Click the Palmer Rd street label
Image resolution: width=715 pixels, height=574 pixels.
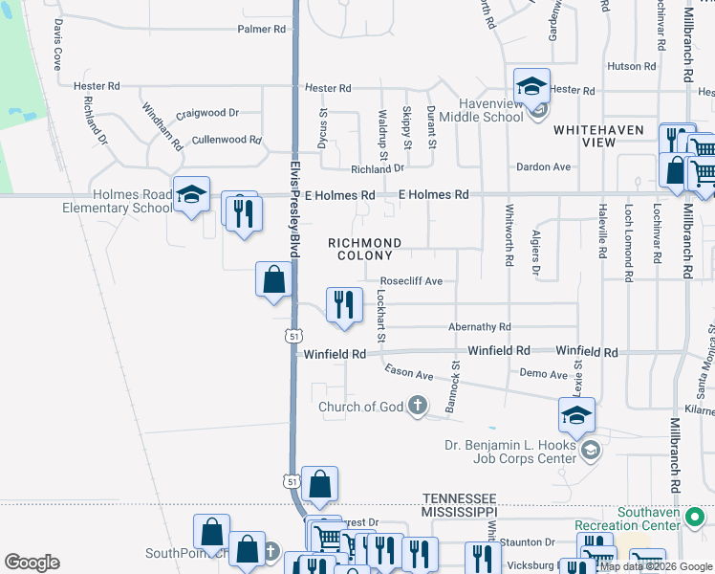[x=261, y=30]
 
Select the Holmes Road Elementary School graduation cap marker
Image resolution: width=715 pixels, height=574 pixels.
[x=191, y=194]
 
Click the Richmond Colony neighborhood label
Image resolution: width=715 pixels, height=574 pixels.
[x=364, y=250]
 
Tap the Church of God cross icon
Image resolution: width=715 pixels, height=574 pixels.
[x=417, y=407]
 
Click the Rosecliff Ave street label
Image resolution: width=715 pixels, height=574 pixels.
[x=411, y=281]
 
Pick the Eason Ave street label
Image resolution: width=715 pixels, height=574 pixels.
[x=409, y=370]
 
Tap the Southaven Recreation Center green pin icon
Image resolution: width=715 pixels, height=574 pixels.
[x=698, y=518]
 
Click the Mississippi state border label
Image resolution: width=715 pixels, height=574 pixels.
[x=459, y=512]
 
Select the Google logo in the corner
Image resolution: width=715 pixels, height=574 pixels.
[x=32, y=563]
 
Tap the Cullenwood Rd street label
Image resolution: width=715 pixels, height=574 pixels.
[x=227, y=140]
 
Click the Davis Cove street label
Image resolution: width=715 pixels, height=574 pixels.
[x=57, y=44]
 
